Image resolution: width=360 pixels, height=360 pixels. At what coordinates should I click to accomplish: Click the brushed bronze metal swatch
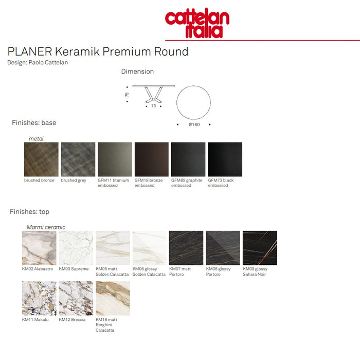click(41, 159)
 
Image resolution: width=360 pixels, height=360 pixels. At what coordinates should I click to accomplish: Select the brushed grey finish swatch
click(78, 159)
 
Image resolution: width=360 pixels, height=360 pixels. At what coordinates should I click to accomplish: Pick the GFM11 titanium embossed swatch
click(115, 159)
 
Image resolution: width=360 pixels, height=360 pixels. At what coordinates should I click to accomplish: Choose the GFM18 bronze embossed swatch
click(152, 159)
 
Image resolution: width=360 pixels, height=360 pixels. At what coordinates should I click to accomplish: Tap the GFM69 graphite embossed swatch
click(188, 159)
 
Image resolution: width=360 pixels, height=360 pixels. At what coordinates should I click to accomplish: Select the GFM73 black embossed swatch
click(225, 159)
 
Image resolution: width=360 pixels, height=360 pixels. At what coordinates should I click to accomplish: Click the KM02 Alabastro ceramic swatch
click(39, 248)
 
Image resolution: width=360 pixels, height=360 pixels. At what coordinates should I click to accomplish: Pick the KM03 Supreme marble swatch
click(76, 248)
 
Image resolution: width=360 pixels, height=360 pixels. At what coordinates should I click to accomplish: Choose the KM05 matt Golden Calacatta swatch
click(113, 248)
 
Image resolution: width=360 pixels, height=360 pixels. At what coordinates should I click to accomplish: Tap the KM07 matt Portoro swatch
click(186, 248)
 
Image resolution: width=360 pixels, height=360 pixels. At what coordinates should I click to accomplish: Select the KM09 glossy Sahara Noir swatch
click(260, 248)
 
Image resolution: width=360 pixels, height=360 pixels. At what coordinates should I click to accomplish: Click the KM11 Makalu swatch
click(39, 298)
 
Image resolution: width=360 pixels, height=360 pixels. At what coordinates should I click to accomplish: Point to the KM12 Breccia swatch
click(76, 298)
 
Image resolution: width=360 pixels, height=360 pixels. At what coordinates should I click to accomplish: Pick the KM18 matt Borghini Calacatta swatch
click(113, 298)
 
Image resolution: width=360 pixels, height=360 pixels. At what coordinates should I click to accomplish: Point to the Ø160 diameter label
click(194, 124)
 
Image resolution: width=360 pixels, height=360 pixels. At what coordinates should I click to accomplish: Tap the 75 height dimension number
click(127, 95)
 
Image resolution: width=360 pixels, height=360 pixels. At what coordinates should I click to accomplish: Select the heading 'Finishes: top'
click(30, 211)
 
